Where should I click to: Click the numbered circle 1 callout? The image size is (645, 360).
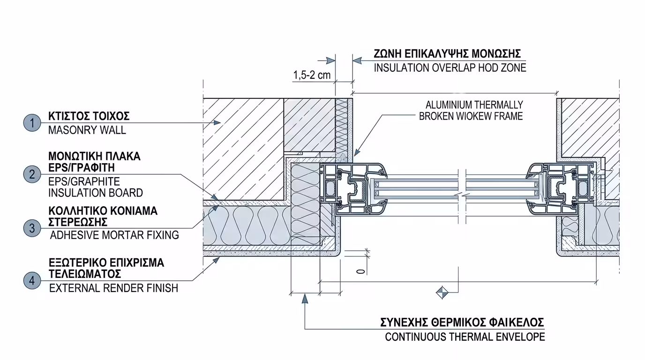pos(32,123)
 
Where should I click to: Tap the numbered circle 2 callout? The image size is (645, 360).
pos(32,174)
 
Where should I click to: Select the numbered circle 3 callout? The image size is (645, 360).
pos(32,228)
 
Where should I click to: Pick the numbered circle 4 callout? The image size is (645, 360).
pos(32,281)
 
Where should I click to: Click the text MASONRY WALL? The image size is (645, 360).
pos(87,130)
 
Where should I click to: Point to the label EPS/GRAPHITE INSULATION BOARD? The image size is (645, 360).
pos(95,187)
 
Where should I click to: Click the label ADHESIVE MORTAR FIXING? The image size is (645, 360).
pos(114,235)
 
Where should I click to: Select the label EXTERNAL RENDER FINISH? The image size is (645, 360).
pos(114,288)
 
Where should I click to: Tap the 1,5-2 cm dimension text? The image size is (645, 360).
pos(312,75)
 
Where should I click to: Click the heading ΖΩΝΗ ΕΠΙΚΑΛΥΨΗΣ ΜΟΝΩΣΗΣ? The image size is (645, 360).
pos(447,53)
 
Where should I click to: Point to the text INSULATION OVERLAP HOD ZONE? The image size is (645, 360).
pos(450,68)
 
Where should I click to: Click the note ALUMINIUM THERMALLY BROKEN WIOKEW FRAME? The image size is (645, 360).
pos(471,111)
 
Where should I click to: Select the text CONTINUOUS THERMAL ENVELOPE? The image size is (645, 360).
pos(465,337)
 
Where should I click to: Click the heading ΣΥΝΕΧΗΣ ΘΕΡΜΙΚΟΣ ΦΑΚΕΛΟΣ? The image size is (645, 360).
pos(462,322)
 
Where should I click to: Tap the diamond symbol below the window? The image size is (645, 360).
pos(442,292)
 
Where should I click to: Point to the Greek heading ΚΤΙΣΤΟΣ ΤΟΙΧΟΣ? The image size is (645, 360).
pos(89,116)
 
